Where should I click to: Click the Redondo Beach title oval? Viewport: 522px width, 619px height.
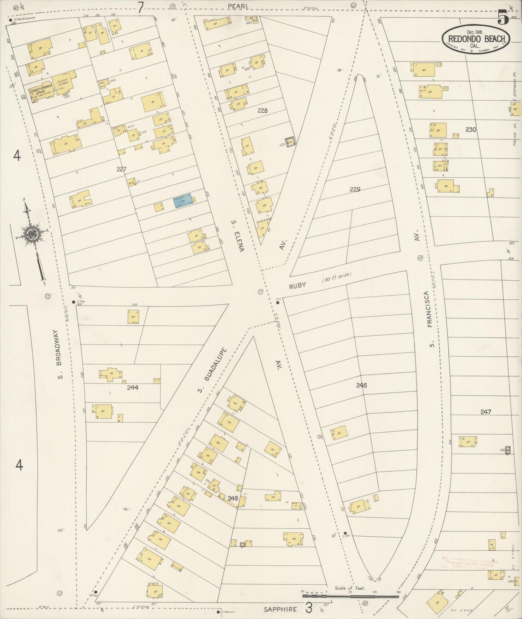[x=476, y=39]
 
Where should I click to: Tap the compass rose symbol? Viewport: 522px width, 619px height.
[x=33, y=235]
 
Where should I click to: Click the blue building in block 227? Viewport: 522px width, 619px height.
[x=182, y=201]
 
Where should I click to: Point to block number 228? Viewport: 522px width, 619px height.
[x=262, y=111]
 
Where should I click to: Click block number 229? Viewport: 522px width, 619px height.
[x=355, y=189]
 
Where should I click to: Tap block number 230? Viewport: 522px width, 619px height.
[x=470, y=129]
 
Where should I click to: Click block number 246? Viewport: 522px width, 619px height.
[x=361, y=385]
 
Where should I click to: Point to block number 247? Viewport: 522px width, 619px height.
[x=486, y=412]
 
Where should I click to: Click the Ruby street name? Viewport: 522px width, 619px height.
[x=297, y=286]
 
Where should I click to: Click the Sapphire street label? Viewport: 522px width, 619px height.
[x=280, y=609]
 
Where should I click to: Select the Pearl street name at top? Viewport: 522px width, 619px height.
[x=238, y=6]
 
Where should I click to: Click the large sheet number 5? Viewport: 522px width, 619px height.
[x=503, y=17]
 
